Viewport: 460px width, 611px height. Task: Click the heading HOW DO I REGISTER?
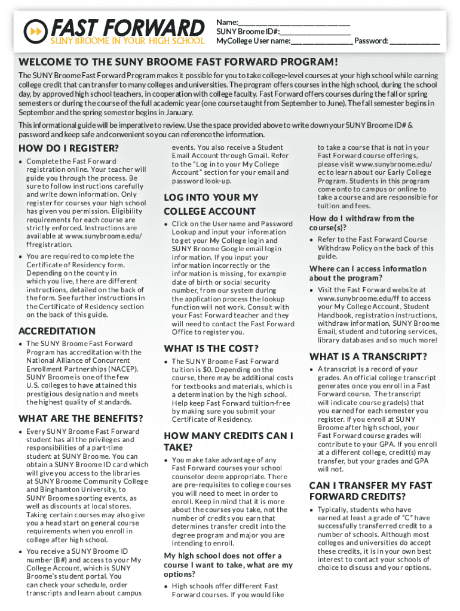(x=69, y=148)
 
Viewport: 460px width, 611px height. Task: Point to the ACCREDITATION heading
(x=57, y=331)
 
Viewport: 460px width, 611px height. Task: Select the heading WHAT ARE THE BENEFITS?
(x=81, y=418)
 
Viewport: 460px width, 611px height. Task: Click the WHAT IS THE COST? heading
(x=211, y=348)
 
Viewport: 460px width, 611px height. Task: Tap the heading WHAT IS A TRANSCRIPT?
(x=368, y=356)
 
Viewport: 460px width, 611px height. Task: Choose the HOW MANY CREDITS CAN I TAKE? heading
(x=228, y=442)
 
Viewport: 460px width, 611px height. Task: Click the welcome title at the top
(x=178, y=63)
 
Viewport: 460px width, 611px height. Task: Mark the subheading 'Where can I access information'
(x=368, y=273)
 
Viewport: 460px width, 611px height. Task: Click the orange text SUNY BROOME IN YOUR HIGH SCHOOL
(x=126, y=42)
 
